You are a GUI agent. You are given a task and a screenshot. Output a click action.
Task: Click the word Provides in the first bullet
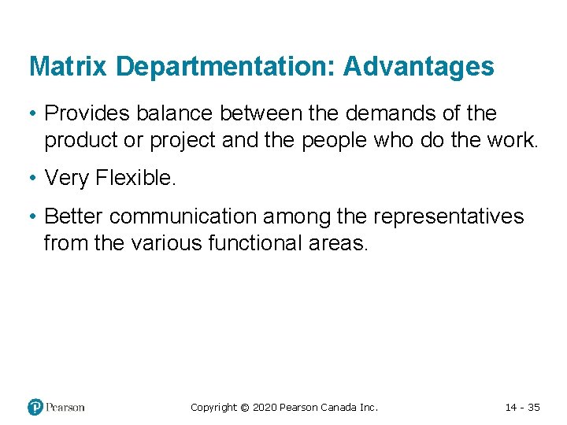87,114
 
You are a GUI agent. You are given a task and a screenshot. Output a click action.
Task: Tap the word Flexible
136,179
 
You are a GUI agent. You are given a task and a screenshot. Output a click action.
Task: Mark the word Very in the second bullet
67,179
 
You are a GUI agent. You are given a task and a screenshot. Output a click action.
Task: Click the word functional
256,243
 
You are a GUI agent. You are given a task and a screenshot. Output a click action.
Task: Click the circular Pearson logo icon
35,407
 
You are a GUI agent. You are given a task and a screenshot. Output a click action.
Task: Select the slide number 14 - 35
522,407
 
